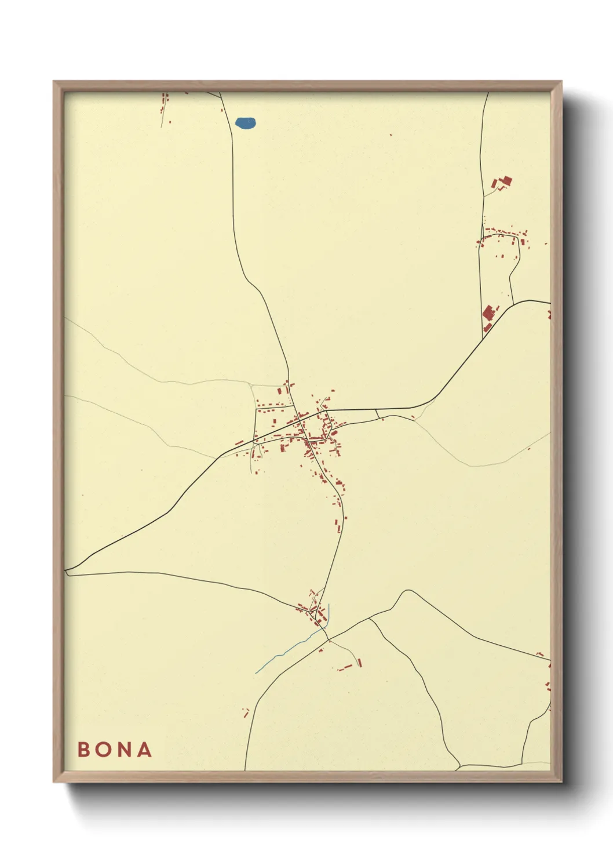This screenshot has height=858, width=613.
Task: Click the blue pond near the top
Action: [x=245, y=123]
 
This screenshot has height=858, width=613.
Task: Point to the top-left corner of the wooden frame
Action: [x=54, y=82]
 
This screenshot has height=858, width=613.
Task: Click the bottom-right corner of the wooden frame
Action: [x=561, y=782]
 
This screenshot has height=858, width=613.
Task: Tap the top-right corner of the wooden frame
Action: [x=561, y=82]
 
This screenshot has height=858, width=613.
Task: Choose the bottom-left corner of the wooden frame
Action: [x=54, y=782]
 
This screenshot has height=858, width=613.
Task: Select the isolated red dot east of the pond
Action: [x=391, y=135]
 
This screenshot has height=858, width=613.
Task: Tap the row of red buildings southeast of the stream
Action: [x=348, y=666]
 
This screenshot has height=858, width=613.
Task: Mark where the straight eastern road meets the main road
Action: [x=484, y=337]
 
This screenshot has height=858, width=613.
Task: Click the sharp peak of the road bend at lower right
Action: [x=408, y=591]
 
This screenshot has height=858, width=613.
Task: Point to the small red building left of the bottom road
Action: [x=246, y=712]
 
